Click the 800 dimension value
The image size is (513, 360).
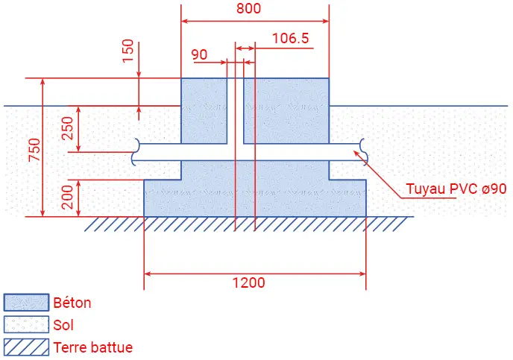point(248,8)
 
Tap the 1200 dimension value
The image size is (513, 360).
point(248,282)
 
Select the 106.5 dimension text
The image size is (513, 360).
point(291,38)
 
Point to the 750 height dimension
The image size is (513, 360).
point(34,150)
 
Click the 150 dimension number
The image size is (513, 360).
point(128,51)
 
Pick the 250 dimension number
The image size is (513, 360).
point(67,128)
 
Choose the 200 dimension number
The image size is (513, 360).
point(67,198)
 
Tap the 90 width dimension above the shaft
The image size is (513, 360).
point(199,54)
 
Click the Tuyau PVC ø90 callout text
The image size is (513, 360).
point(456,189)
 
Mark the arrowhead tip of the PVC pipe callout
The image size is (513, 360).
point(354,151)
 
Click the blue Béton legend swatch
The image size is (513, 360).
point(27,302)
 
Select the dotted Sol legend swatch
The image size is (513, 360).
point(27,324)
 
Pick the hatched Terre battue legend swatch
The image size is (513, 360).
point(27,347)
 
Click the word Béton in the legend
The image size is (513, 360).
point(72,303)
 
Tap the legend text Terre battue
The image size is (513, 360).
point(93,347)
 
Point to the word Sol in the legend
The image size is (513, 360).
point(63,325)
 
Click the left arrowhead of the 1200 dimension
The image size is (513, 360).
point(148,274)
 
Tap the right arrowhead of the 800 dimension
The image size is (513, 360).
point(325,22)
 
